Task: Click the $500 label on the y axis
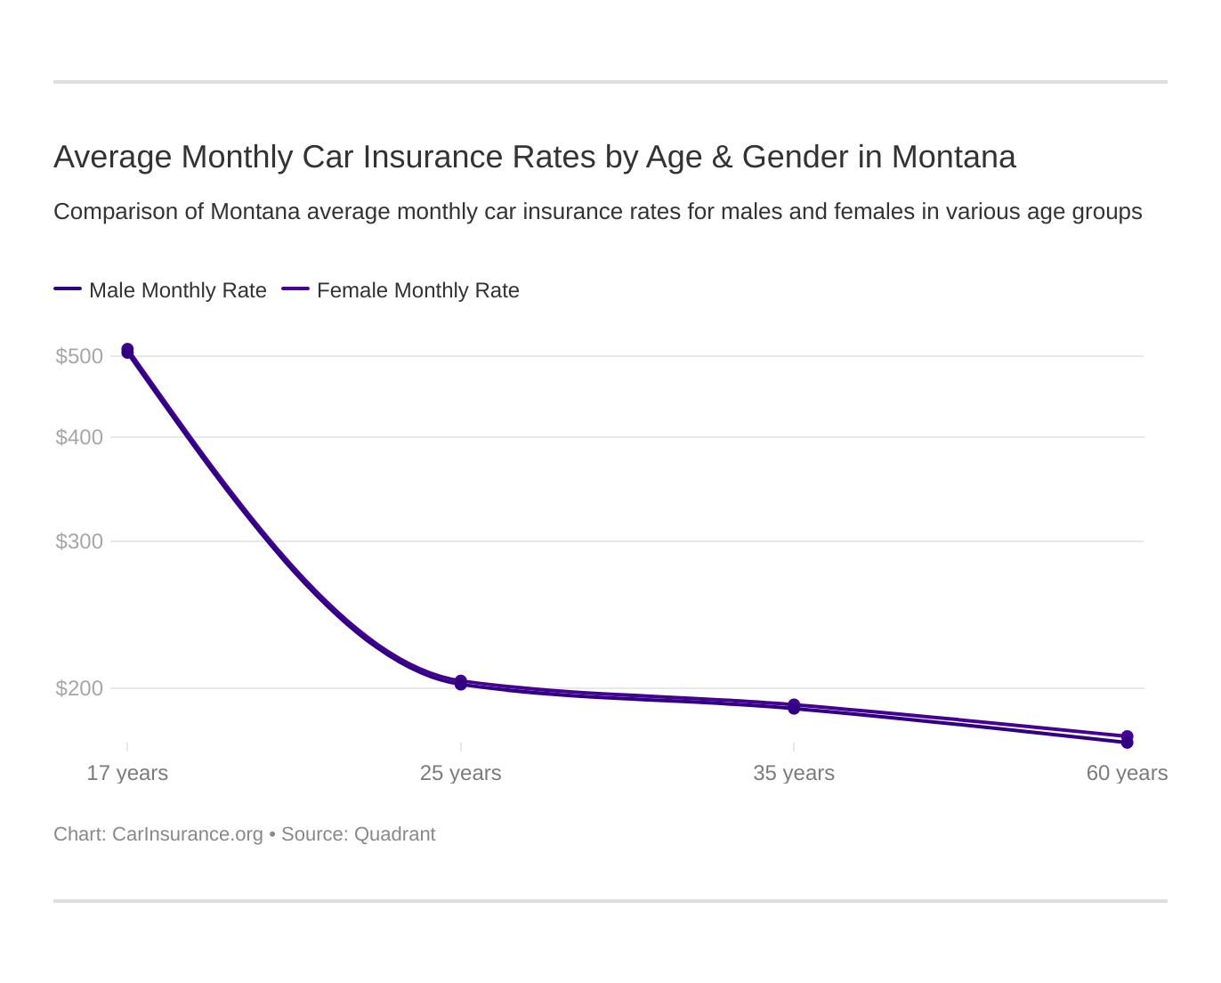click(x=79, y=356)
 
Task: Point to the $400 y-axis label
click(x=79, y=437)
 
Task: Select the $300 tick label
click(x=79, y=541)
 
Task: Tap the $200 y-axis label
click(x=79, y=688)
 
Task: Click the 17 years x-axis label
click(x=127, y=773)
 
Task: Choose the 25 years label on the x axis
click(x=460, y=773)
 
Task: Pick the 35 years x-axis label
click(x=794, y=773)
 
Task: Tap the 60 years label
click(x=1127, y=773)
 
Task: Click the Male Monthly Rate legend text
click(x=178, y=290)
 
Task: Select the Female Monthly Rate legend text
click(x=417, y=290)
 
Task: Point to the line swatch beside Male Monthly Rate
click(x=68, y=289)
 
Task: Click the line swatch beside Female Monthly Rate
click(x=295, y=289)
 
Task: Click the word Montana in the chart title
click(x=953, y=157)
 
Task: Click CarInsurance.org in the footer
click(x=188, y=834)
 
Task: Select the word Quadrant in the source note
click(x=394, y=834)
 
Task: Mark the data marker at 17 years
click(x=127, y=351)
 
